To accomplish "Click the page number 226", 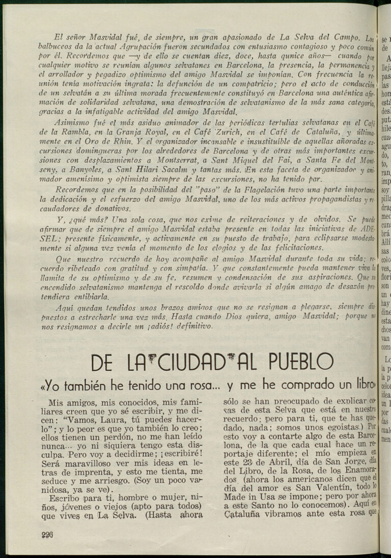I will (47, 534).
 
